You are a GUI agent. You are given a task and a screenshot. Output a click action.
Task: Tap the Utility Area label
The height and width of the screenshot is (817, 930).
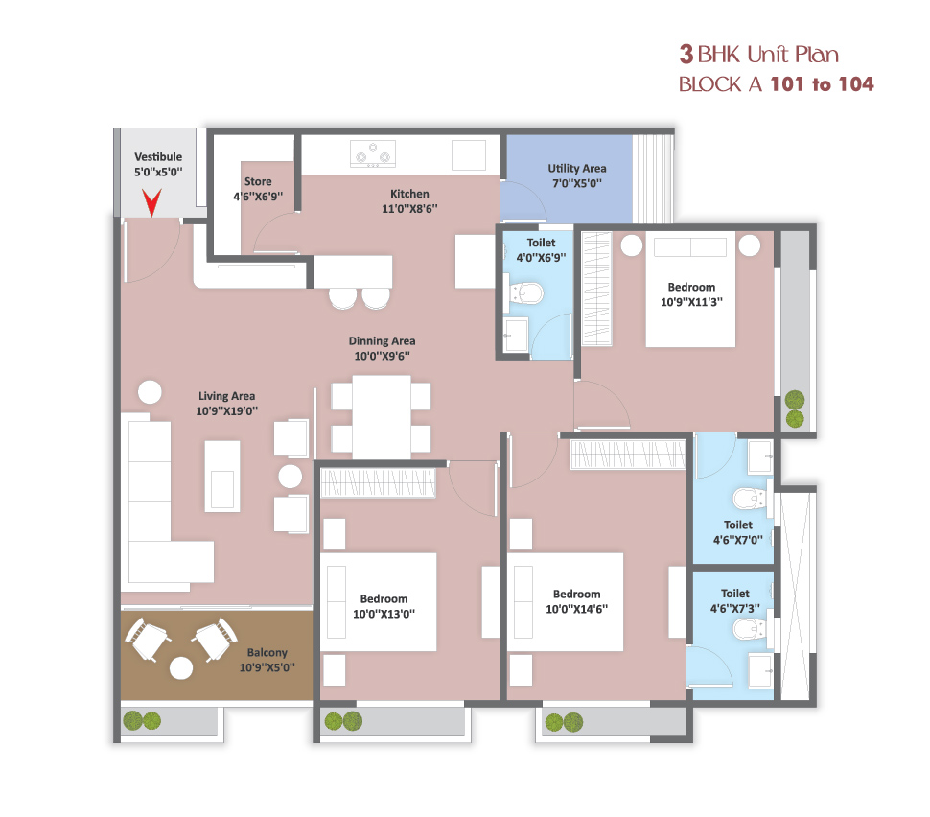point(576,169)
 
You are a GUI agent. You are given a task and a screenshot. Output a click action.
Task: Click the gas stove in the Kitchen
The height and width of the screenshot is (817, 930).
point(372,153)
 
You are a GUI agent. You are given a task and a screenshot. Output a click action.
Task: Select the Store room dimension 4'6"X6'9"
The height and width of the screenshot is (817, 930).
point(258,197)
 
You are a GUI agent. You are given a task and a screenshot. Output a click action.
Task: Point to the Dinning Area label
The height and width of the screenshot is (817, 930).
point(382,341)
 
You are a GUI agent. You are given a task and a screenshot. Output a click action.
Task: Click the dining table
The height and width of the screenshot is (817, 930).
point(382,416)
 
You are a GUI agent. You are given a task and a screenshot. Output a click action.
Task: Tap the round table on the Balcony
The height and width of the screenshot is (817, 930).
point(181,668)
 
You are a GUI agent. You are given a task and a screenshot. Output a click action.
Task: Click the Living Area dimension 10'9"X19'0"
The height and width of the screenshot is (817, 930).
point(226,411)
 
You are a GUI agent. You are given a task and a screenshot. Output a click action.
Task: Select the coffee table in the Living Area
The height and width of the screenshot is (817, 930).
point(222,476)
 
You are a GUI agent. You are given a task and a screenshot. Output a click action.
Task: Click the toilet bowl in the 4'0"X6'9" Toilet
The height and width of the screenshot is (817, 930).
point(526,293)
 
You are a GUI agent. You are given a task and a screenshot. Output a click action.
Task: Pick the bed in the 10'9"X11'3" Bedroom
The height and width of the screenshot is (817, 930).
point(690,289)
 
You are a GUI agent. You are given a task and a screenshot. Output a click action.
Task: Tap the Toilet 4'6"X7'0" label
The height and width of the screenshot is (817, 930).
point(738,532)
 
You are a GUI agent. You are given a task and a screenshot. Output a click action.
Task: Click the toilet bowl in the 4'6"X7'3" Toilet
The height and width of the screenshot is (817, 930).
point(749,628)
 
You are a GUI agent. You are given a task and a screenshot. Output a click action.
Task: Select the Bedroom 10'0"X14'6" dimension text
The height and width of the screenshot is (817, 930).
point(576,609)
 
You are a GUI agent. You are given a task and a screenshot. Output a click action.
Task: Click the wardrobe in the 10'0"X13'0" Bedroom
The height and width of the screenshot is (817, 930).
point(378,481)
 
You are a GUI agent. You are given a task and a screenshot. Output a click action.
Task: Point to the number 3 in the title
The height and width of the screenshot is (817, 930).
point(686,54)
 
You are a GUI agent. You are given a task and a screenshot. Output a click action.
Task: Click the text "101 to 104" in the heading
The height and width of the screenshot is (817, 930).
point(822,84)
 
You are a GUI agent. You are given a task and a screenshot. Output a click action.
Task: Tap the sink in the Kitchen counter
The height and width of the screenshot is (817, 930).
point(469,155)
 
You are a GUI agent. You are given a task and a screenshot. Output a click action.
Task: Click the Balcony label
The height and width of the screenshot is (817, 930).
point(267,653)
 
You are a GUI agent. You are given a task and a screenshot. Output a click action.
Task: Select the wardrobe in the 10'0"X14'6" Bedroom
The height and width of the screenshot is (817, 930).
point(628,455)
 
